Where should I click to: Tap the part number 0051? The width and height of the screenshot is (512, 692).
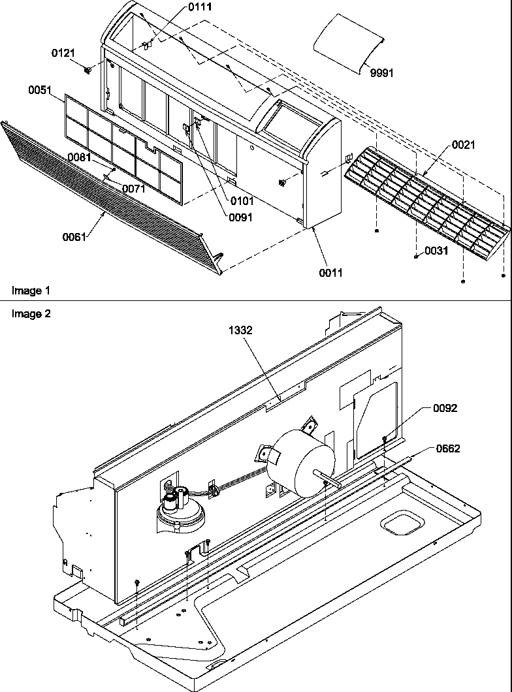tap(40, 91)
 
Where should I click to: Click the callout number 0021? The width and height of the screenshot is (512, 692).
tap(463, 146)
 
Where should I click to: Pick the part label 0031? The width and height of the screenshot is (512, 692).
tap(436, 250)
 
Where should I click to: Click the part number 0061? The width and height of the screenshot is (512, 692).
tap(75, 237)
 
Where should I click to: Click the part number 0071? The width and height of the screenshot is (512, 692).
tap(135, 189)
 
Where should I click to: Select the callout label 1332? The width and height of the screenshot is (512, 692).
tap(240, 331)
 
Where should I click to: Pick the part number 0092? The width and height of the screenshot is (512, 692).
tap(445, 408)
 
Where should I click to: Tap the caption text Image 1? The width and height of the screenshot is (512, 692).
tap(31, 289)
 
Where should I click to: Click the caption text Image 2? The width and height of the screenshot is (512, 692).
tap(31, 313)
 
